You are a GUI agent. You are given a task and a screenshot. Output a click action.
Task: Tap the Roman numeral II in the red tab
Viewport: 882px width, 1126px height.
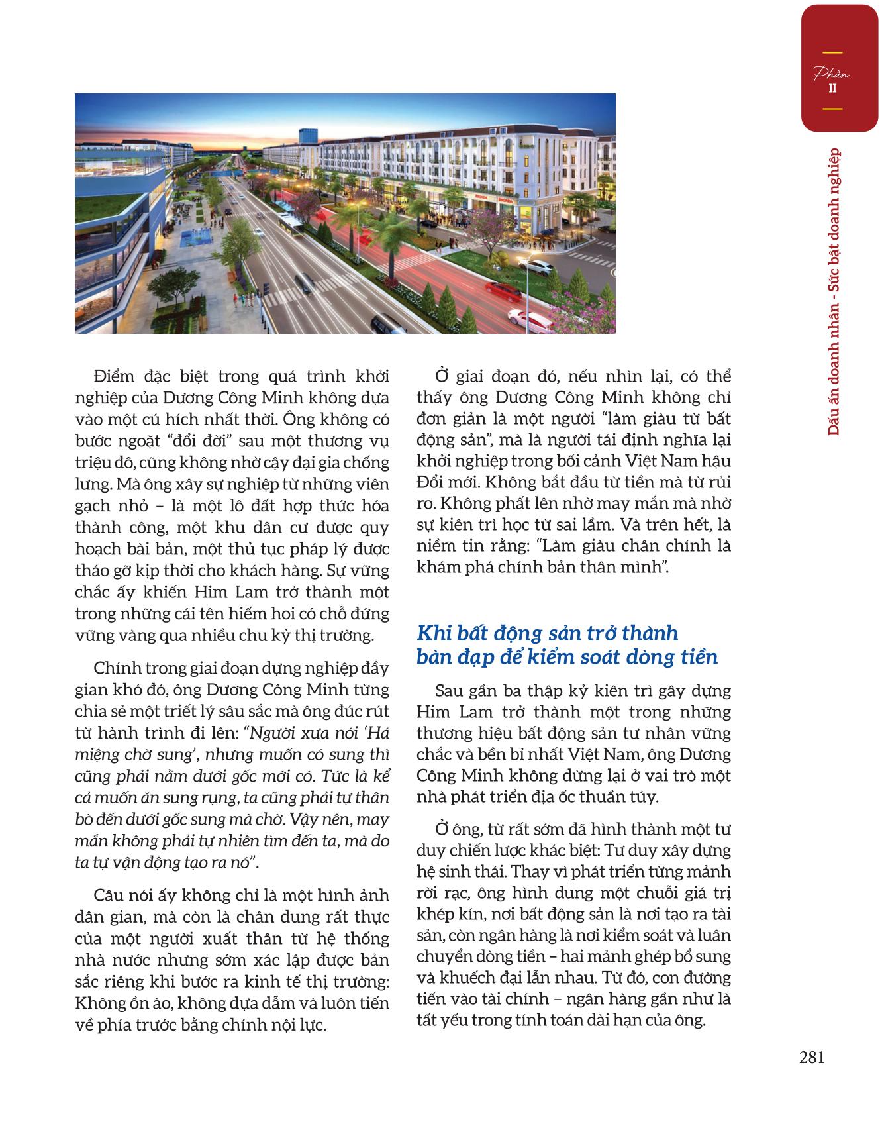[832, 88]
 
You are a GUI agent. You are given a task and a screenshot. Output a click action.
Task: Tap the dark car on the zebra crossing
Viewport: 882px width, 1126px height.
[304, 283]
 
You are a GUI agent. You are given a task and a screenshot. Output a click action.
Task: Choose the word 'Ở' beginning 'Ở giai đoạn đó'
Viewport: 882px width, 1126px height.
[441, 377]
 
